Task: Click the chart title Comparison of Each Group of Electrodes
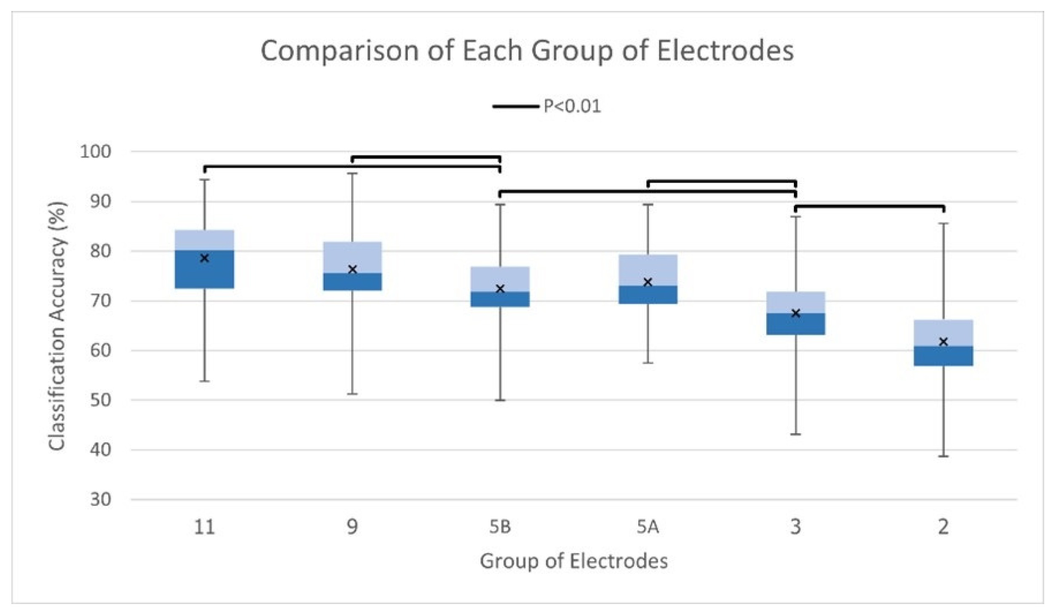[x=527, y=51]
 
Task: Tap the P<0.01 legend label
[x=572, y=106]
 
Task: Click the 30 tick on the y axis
[x=100, y=500]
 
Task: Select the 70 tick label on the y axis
[x=100, y=301]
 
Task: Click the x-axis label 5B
[x=500, y=527]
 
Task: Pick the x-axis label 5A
[x=648, y=527]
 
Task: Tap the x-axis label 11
[x=204, y=527]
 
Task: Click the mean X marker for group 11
[x=204, y=258]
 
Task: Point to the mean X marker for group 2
[x=943, y=341]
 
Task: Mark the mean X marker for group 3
[x=796, y=313]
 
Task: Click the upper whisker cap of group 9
[x=352, y=173]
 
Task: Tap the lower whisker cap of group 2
[x=943, y=457]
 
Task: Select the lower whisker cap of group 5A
[x=648, y=363]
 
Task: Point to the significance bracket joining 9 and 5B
[x=426, y=158]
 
